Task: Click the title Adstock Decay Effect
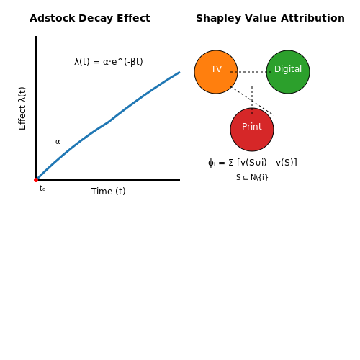[x=90, y=18]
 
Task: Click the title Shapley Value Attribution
[x=270, y=18]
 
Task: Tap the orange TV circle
[x=216, y=72]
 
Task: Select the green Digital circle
[x=288, y=72]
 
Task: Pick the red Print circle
[x=252, y=130]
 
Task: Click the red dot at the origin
[x=36, y=180]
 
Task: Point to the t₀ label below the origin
[x=42, y=189]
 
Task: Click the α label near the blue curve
[x=58, y=142]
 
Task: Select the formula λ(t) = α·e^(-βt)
[x=109, y=62]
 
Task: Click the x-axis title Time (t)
[x=109, y=192]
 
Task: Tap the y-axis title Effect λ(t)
[x=22, y=108]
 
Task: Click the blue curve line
[x=108, y=122]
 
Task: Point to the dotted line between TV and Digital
[x=251, y=72]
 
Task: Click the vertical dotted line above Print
[x=252, y=101]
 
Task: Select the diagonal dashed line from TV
[x=252, y=101]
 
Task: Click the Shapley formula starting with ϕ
[x=253, y=163]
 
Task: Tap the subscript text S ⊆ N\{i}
[x=252, y=177]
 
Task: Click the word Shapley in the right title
[x=218, y=19]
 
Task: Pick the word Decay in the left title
[x=96, y=19]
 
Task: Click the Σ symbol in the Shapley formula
[x=231, y=163]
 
